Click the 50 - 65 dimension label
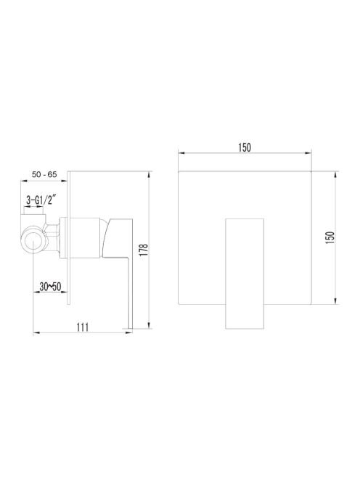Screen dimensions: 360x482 pyautogui.click(x=44, y=174)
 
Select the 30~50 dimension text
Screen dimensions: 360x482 pyautogui.click(x=50, y=287)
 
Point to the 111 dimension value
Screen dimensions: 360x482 pyautogui.click(x=83, y=327)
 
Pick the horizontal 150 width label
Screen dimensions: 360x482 pyautogui.click(x=245, y=148)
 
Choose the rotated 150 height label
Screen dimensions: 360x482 pyautogui.click(x=330, y=238)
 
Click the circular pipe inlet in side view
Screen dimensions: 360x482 pyautogui.click(x=33, y=239)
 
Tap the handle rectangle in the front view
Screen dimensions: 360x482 pyautogui.click(x=245, y=274)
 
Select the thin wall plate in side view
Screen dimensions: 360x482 pyautogui.click(x=68, y=237)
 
